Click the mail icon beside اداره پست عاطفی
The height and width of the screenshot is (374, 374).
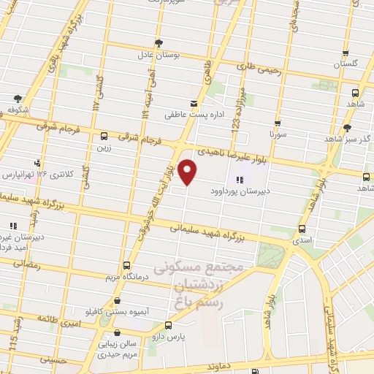pos(193,103)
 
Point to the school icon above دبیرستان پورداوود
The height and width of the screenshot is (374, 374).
pos(239,180)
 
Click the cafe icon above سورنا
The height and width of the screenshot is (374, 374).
pos(278,123)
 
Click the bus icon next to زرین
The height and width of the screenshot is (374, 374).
pos(104,136)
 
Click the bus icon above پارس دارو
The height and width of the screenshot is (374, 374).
pos(169,325)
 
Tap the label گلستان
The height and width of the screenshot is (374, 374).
pos(348,64)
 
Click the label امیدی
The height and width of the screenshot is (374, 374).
pos(300,239)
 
